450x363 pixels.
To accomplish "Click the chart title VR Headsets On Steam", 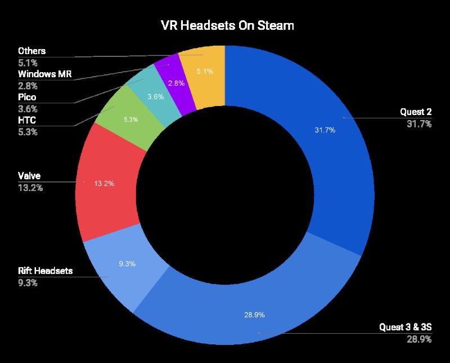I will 225,26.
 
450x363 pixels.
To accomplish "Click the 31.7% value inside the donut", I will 325,130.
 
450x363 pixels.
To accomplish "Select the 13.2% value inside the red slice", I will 103,183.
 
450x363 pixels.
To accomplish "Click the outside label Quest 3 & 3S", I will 406,327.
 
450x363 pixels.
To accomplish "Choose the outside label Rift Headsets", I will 46,272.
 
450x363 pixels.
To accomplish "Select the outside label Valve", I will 29,176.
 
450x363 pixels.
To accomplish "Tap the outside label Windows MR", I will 45,74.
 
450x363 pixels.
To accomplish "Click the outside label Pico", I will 27,97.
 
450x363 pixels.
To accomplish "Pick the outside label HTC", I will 27,120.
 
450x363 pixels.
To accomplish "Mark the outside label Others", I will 31,51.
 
